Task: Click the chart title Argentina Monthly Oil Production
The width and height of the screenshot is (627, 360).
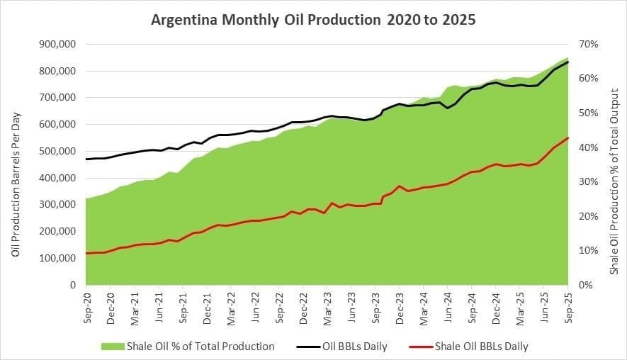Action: click(313, 19)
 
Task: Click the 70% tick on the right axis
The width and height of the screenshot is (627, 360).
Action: click(589, 44)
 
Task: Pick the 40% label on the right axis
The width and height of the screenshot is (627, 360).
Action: click(589, 147)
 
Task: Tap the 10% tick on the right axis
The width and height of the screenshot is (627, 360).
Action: click(589, 251)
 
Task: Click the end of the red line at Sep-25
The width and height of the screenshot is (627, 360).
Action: click(568, 137)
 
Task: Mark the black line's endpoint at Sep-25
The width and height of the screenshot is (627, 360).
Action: click(568, 62)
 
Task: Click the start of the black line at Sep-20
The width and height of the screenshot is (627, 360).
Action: click(86, 159)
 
